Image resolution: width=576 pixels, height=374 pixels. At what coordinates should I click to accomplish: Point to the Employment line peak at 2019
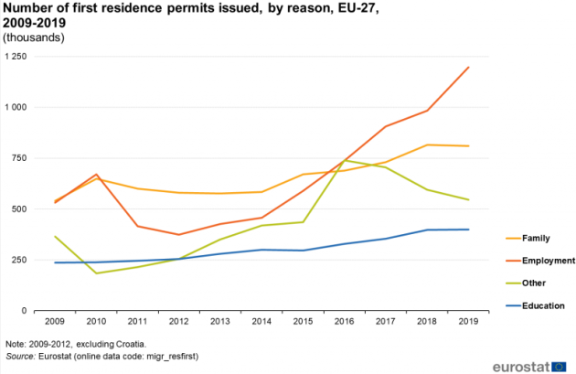469,67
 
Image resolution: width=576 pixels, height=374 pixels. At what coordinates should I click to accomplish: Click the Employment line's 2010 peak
96,174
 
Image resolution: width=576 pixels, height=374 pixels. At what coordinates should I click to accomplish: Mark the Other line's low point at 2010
96,273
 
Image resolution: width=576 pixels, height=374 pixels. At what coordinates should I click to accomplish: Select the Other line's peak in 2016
345,161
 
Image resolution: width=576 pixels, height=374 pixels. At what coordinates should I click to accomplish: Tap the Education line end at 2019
469,230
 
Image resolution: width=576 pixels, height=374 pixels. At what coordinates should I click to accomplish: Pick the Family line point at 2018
428,144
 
